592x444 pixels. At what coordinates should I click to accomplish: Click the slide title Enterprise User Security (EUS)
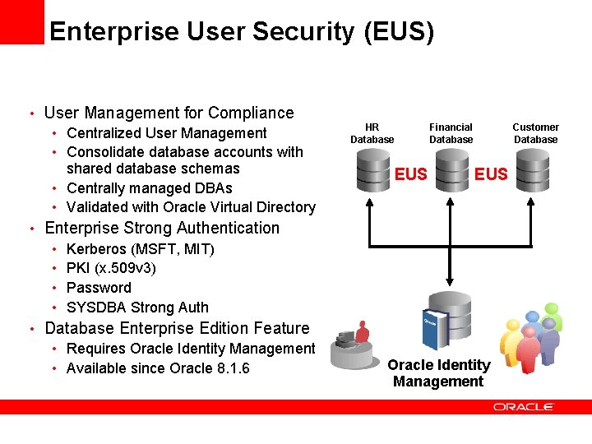[241, 31]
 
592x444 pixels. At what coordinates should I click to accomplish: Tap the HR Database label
[372, 133]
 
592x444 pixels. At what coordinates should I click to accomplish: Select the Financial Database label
[451, 133]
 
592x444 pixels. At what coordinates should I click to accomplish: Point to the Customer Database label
[535, 133]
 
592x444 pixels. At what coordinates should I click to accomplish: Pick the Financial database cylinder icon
[451, 171]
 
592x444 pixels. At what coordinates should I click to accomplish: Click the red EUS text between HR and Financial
[411, 174]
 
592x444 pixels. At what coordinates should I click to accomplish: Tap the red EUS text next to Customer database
[492, 174]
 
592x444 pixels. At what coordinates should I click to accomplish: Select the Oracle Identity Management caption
[438, 373]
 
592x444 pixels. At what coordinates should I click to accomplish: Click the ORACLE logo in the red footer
[524, 407]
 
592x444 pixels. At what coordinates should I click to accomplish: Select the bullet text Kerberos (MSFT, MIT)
[140, 248]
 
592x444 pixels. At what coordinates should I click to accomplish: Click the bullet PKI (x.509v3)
[111, 268]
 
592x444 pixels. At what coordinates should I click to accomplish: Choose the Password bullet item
[99, 288]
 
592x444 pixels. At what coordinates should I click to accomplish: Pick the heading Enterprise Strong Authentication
[162, 228]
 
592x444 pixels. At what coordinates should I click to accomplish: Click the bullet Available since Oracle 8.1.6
[158, 368]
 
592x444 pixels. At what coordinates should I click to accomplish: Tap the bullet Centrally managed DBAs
[150, 187]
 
